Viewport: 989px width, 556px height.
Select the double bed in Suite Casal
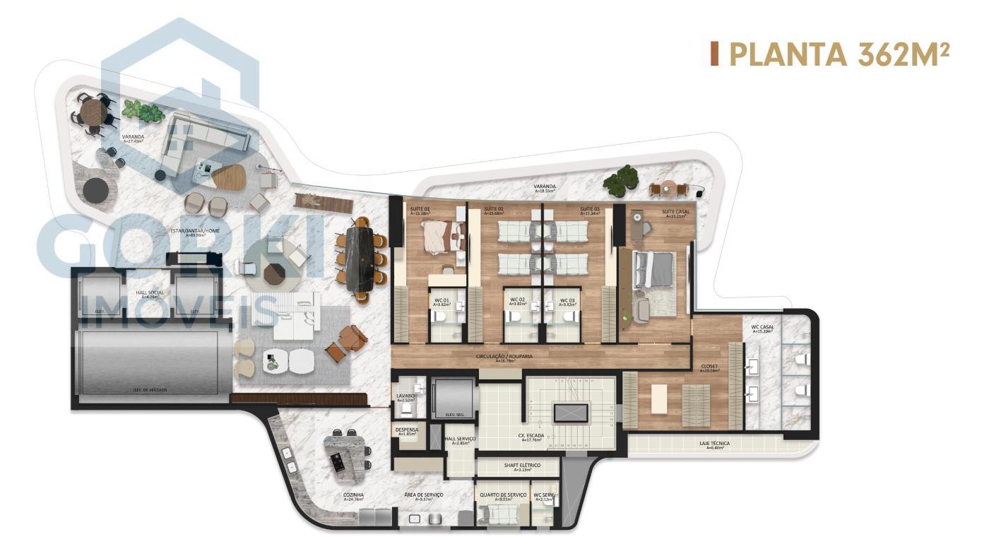(654, 271)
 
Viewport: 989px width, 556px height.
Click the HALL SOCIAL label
(150, 294)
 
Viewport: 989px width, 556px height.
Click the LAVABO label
(405, 398)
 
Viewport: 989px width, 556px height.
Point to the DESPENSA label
(407, 431)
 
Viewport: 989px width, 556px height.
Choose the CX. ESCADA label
(529, 437)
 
